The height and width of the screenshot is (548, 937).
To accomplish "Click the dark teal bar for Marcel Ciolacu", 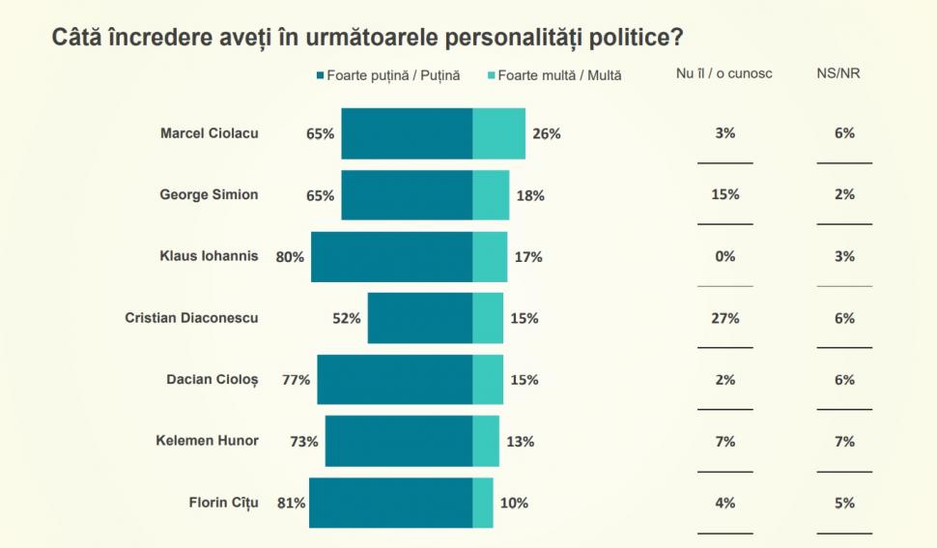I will pyautogui.click(x=407, y=133).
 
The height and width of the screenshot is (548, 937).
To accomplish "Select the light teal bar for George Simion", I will pyautogui.click(x=491, y=195).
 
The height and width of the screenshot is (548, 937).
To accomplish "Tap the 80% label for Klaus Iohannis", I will pyautogui.click(x=290, y=257).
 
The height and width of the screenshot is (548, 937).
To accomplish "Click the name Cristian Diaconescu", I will pyautogui.click(x=191, y=317).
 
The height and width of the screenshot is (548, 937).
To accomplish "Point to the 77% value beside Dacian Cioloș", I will pyautogui.click(x=297, y=380).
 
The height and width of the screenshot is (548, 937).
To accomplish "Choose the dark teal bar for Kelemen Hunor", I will pyautogui.click(x=398, y=442).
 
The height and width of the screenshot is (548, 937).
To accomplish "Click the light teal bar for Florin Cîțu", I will pyautogui.click(x=483, y=503).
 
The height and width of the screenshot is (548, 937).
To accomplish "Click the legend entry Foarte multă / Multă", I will pyautogui.click(x=559, y=74).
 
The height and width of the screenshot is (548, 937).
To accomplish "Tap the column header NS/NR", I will pyautogui.click(x=838, y=73).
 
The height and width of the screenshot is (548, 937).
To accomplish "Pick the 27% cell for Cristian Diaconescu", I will pyautogui.click(x=724, y=318).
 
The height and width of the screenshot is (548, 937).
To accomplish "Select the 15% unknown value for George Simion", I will pyautogui.click(x=724, y=194).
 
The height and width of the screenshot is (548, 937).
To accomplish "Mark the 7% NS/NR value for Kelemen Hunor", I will pyautogui.click(x=844, y=442).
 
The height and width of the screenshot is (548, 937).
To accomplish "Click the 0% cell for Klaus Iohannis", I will pyautogui.click(x=724, y=256).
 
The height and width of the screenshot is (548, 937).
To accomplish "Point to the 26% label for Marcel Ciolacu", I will pyautogui.click(x=547, y=133).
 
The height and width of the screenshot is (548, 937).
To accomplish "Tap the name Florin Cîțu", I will pyautogui.click(x=224, y=502).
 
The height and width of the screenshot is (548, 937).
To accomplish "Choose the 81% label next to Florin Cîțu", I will pyautogui.click(x=292, y=503).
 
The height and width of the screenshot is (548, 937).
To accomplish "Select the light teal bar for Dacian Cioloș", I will pyautogui.click(x=488, y=380).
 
